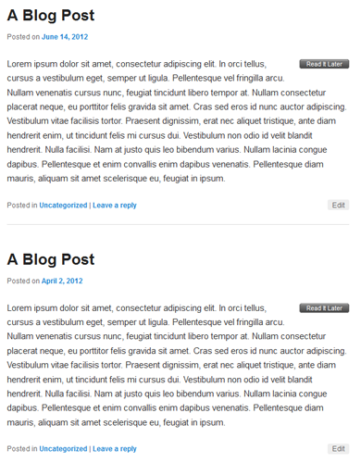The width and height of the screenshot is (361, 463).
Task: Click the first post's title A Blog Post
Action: coord(51,16)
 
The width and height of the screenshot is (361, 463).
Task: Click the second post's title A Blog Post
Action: coord(51,259)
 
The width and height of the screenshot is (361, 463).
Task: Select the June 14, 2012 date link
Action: coord(65,37)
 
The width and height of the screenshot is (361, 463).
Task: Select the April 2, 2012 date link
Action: coord(62,281)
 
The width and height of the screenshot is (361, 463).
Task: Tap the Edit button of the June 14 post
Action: coord(338,205)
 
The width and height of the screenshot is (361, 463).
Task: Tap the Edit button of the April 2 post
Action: coord(338,448)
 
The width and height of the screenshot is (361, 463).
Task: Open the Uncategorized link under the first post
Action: coord(63,206)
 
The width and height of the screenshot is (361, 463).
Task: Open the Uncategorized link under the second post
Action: coord(63,449)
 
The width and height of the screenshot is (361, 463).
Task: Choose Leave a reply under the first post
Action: coord(115,206)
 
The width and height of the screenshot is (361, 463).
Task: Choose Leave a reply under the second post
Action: coord(115,449)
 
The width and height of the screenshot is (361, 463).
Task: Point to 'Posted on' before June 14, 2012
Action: coord(23,37)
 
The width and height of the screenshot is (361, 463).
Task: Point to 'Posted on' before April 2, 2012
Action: coord(23,281)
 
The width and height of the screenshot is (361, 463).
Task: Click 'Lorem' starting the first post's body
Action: coord(20,64)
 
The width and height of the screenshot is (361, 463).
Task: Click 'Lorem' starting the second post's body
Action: coord(20,307)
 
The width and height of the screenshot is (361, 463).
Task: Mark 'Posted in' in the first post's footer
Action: coord(22,206)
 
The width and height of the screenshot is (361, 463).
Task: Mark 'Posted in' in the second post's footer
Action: coord(22,449)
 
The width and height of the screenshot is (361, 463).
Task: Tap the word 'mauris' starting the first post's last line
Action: coord(21,178)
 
